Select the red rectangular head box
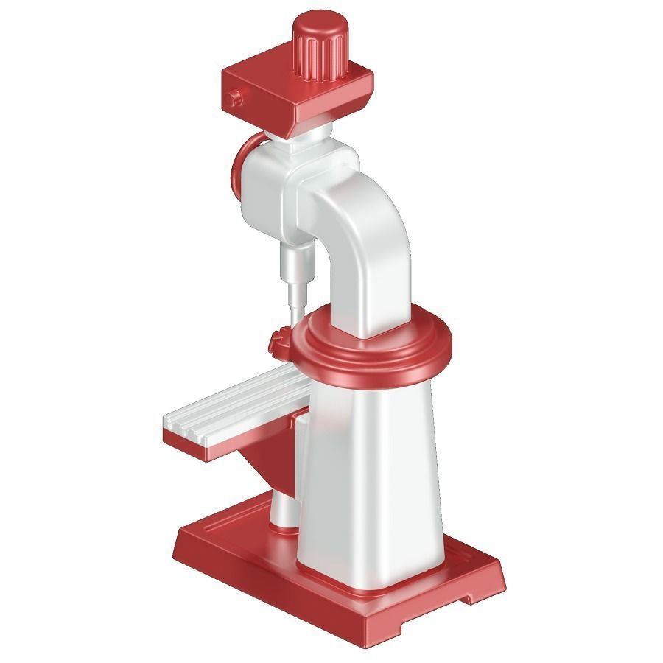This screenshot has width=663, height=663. click(x=295, y=96)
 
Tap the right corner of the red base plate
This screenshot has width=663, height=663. click(x=501, y=582)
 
